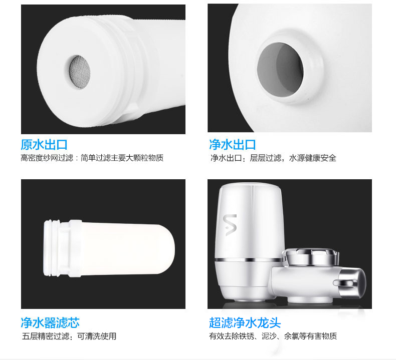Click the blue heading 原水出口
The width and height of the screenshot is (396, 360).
tap(44, 145)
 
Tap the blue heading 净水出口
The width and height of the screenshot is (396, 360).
tap(233, 145)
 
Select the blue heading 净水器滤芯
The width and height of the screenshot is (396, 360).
tap(50, 322)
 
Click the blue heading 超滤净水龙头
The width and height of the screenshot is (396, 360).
tap(245, 322)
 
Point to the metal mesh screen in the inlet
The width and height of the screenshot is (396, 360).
tap(80, 72)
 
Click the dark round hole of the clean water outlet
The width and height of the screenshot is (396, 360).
tap(280, 69)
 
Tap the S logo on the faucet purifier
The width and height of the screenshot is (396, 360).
tap(230, 225)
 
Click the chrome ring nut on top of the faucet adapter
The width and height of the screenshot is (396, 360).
tap(311, 256)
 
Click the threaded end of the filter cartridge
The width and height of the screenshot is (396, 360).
tap(52, 248)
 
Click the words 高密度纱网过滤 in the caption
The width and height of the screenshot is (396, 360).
tap(47, 158)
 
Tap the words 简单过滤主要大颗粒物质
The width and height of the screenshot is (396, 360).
tap(122, 158)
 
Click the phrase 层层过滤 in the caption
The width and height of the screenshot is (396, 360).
tap(266, 158)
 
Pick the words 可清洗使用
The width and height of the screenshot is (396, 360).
tap(97, 336)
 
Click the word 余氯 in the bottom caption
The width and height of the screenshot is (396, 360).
tap(292, 336)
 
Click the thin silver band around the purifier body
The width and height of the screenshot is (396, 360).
tap(249, 259)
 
